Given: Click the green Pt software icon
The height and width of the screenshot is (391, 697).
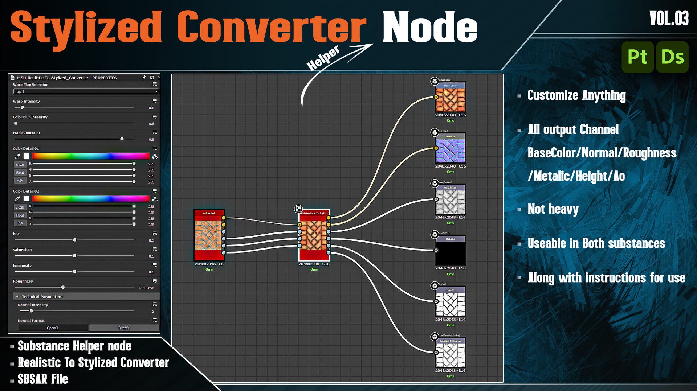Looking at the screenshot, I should pos(637,57).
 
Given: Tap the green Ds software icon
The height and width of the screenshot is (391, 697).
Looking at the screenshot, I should pos(672,57).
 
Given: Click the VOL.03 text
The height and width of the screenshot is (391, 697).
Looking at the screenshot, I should pos(669,18).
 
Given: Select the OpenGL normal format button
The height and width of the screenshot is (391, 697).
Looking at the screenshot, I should pos(53,328).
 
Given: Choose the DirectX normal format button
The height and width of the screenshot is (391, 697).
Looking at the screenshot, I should pos(124,328).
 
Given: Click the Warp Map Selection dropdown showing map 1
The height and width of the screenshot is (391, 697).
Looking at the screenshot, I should pos(86,91).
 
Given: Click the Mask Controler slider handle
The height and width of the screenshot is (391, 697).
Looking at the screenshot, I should pos(122,139).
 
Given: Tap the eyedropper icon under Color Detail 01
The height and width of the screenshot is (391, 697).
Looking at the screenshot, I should pos(17,156).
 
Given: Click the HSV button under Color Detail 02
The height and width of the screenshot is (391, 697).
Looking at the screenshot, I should pos(20,223).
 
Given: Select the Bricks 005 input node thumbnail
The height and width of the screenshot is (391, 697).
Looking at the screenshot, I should pos(209,235).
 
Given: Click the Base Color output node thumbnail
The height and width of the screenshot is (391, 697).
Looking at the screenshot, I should pos(450,99).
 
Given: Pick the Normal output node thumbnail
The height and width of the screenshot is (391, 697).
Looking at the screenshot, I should pos(450,150).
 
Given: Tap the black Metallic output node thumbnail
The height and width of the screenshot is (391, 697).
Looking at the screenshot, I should pos(450,252).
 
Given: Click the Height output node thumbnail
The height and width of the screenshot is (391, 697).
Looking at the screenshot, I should pos(450,304).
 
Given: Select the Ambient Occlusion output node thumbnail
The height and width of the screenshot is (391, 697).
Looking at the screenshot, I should pos(450,354).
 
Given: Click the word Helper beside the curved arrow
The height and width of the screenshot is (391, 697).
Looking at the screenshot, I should pos(323,58).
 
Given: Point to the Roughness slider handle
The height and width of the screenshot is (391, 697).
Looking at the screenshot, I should pos(63,287).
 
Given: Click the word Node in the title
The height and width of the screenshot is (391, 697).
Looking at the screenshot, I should pos(430,27).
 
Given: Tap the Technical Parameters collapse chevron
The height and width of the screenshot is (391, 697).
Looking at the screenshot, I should pos(17,297).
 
